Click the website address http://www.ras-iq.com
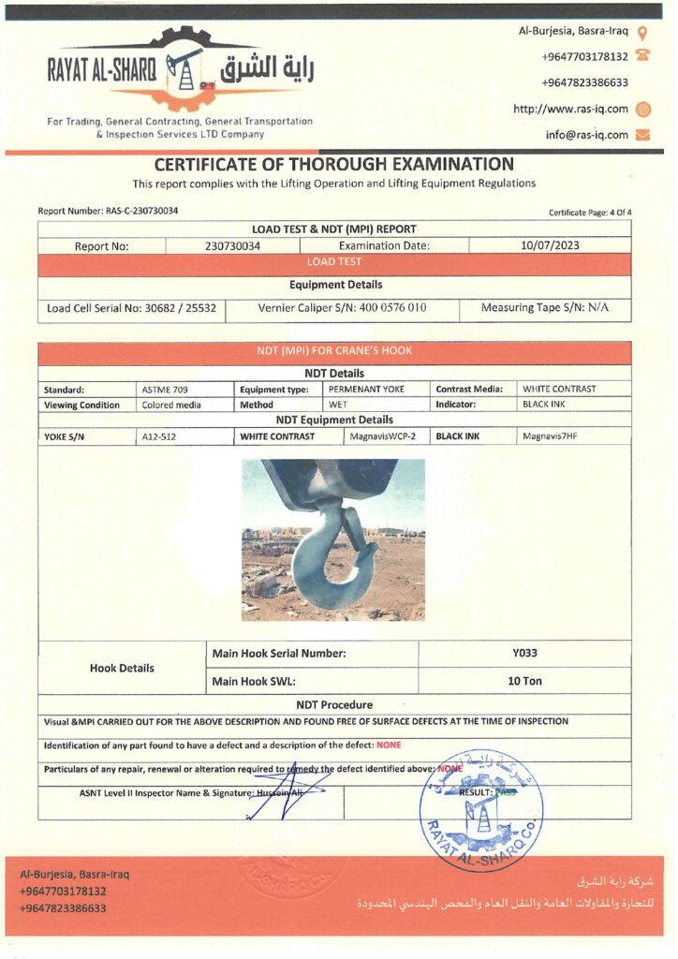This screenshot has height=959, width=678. tap(570, 109)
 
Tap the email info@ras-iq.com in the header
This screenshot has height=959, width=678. tap(586, 135)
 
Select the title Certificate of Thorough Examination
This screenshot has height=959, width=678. tap(334, 164)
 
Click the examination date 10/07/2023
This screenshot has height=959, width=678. tap(550, 246)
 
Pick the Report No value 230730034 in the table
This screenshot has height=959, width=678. tap(232, 246)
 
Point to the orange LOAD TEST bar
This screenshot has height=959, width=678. tap(334, 262)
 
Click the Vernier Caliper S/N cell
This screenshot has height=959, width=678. tap(342, 307)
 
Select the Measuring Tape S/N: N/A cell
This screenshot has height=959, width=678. tap(544, 307)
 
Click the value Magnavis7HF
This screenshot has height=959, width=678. tap(550, 436)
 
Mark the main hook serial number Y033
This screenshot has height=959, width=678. tap(524, 654)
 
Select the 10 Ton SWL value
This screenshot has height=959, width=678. tap(524, 681)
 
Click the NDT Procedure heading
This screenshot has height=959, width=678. tap(334, 704)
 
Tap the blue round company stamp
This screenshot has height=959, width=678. tap(480, 810)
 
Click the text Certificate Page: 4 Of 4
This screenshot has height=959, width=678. tap(590, 213)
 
